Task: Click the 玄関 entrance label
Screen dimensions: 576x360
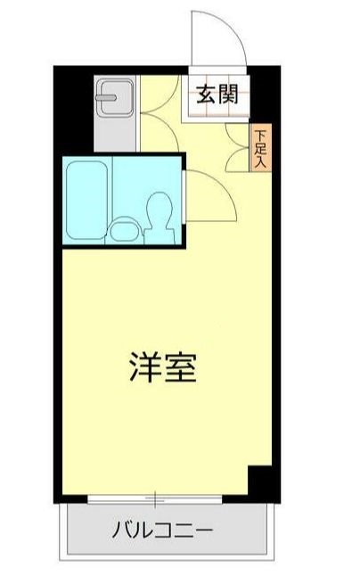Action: (217, 92)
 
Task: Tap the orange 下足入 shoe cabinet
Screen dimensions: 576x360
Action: (260, 147)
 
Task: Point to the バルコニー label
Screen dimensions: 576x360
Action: (163, 532)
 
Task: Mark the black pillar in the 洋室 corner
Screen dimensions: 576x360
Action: (259, 481)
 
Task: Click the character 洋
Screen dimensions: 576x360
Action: (143, 367)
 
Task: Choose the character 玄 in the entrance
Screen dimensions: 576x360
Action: (206, 92)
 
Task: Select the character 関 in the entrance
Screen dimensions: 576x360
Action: (229, 92)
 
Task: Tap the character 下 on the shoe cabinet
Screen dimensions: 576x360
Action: (260, 135)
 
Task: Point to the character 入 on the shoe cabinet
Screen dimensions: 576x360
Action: (260, 161)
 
